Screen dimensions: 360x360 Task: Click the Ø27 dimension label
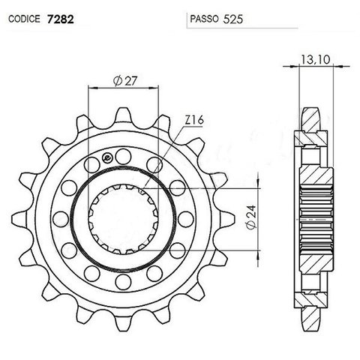coord(124,81)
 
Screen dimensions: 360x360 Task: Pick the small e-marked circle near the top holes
coord(111,157)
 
